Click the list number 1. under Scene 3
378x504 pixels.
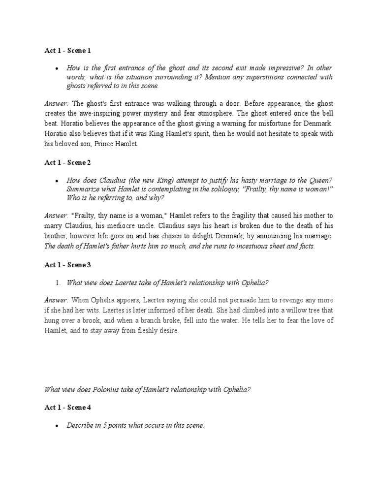coord(58,283)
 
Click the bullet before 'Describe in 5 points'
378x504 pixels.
coord(58,426)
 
